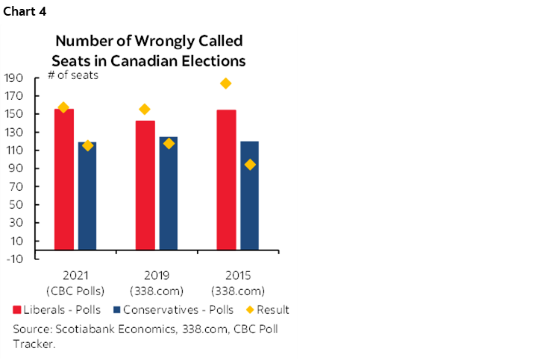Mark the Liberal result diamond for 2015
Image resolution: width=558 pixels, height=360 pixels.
click(226, 83)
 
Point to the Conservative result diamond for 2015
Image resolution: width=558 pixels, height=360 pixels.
click(249, 165)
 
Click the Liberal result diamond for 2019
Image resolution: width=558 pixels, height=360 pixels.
click(145, 110)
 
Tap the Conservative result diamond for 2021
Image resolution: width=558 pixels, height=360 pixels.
click(87, 145)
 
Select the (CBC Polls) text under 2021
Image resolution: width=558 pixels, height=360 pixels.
click(75, 291)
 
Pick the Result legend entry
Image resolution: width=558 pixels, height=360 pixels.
click(268, 309)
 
